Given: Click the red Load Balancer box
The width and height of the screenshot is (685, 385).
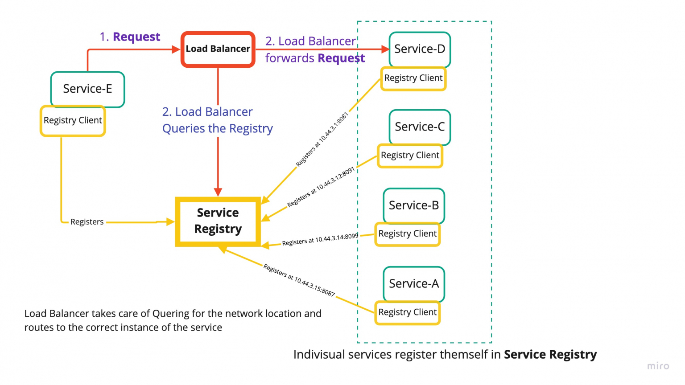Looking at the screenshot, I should (218, 49).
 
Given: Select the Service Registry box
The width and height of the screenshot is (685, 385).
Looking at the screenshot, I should (218, 221).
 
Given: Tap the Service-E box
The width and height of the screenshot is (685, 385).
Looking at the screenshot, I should (87, 89).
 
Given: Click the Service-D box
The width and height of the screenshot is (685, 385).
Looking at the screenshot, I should (419, 49).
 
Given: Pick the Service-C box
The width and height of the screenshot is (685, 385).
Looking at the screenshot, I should (419, 127).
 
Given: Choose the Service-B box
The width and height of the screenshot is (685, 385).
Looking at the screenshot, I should (413, 205).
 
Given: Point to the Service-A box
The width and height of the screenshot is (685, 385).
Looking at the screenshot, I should (413, 284).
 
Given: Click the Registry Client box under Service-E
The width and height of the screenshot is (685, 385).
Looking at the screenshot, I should (73, 120).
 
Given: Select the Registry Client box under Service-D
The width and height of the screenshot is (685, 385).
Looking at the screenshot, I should (413, 78).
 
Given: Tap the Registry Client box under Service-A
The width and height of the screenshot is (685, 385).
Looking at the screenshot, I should (407, 312).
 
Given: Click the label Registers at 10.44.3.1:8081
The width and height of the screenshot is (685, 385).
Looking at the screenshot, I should (322, 139).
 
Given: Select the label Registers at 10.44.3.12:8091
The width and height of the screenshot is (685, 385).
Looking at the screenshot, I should (321, 187).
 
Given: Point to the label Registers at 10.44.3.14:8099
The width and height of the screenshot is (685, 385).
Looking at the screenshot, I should (320, 240).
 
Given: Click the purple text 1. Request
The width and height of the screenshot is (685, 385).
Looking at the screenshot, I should (130, 37).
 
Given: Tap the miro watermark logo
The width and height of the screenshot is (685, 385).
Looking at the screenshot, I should (658, 366).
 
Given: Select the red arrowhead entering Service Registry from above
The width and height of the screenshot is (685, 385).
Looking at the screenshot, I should (218, 192).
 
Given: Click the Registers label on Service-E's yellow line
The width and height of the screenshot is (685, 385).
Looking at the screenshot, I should (87, 222).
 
